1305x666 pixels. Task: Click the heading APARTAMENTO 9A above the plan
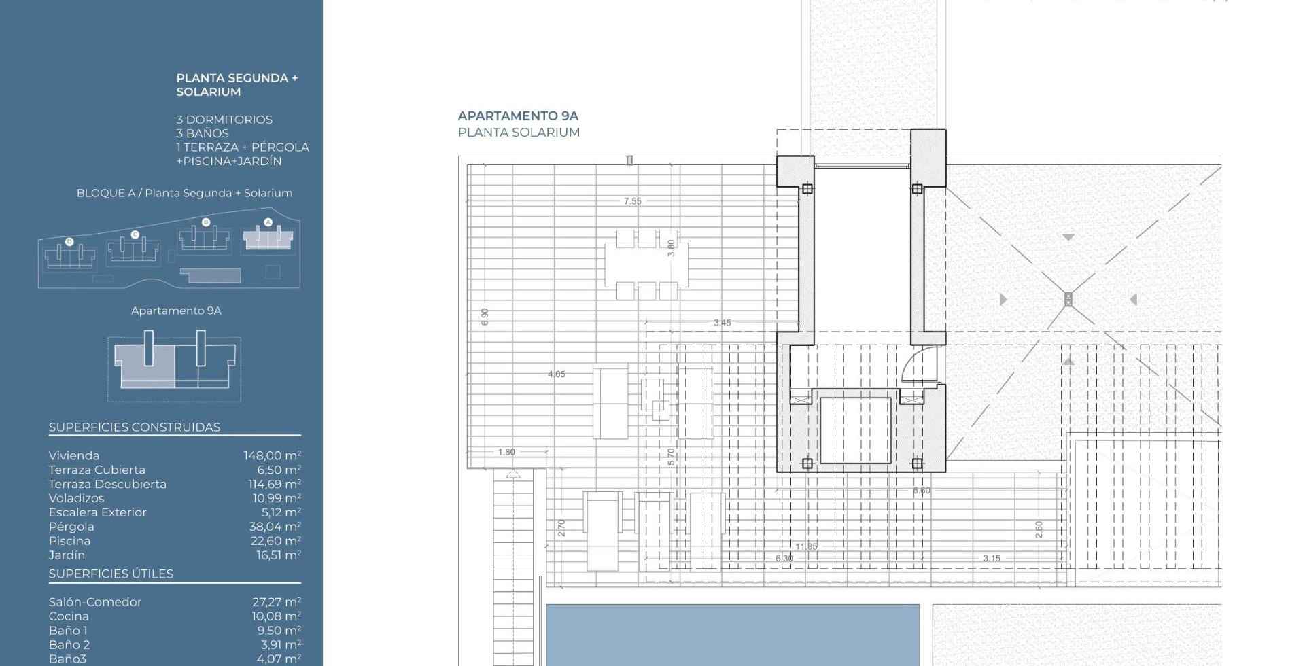518,116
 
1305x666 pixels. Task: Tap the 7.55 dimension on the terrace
632,201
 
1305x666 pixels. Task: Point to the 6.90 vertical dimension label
485,317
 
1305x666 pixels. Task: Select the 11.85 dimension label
806,546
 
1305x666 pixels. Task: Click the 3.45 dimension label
722,323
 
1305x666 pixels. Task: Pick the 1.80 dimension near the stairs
506,452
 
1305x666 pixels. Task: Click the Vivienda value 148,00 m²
272,455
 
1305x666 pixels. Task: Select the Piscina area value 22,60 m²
275,541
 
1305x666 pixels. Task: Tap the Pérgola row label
71,527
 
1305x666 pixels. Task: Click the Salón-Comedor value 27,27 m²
276,602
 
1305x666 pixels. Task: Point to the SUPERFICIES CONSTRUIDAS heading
135,427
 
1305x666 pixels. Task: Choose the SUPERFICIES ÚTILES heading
111,574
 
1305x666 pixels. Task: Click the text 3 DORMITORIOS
224,120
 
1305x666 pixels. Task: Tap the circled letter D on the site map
69,242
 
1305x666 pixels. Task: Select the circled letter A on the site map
268,222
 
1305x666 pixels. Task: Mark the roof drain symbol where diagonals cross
1068,299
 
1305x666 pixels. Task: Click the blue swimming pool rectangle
733,635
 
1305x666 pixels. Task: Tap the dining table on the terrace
646,264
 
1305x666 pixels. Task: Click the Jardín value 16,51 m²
276,555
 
